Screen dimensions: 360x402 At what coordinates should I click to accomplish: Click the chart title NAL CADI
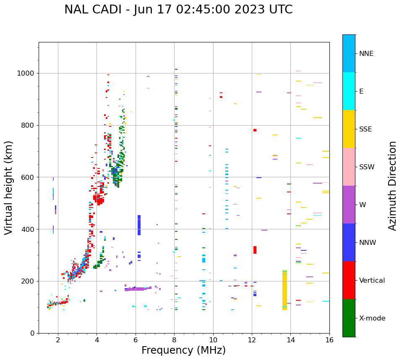178,10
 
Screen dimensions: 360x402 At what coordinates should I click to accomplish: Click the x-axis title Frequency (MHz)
183,350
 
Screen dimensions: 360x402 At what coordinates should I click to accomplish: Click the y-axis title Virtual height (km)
9,188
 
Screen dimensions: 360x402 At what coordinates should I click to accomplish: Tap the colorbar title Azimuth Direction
392,186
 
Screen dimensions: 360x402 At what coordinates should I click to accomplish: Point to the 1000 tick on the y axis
26,74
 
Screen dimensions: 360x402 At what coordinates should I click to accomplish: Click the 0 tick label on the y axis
32,333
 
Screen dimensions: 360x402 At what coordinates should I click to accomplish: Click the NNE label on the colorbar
366,54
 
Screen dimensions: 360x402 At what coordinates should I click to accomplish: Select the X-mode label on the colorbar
372,318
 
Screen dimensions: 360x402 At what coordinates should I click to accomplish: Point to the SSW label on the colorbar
367,167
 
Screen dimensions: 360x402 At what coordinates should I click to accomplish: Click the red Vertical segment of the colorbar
349,280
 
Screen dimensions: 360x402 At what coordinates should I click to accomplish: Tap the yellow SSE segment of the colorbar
349,129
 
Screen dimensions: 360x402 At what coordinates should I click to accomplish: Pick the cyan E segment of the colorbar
349,91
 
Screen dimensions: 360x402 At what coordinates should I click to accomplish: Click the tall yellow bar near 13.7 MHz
285,290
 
